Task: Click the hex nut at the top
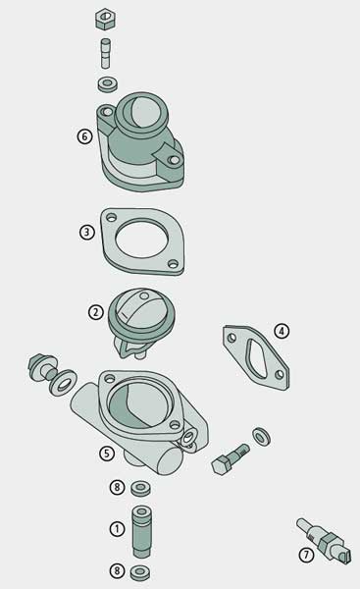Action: coord(105,20)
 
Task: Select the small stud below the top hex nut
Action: coord(106,53)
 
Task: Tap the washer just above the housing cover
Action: coord(108,84)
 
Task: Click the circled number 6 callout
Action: coord(84,136)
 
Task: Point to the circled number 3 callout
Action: coord(86,232)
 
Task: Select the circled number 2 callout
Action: coord(96,312)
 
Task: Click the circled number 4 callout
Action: coord(282,331)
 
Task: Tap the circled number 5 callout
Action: coord(107,454)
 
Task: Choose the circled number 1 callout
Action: coord(117,529)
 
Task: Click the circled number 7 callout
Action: coord(306,555)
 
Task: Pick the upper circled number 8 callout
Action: coord(117,487)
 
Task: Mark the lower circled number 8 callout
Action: coord(117,570)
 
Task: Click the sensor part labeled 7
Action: coord(325,540)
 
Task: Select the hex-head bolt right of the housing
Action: coord(230,459)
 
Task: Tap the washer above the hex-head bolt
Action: coord(261,437)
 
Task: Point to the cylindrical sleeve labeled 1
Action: coord(142,532)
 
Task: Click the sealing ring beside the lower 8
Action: coord(140,573)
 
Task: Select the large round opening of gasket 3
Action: coord(141,239)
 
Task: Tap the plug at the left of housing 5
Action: coord(42,366)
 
